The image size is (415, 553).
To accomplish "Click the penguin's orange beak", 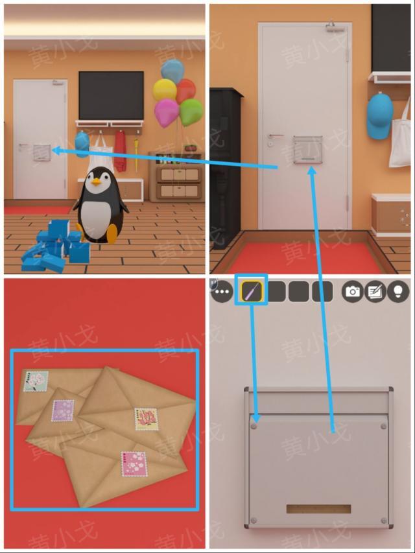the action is [95, 182].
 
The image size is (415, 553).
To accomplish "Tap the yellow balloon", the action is [165, 90].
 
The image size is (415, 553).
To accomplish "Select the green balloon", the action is [191, 112].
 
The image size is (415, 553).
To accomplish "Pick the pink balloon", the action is [167, 112].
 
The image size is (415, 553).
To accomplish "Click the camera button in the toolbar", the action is [353, 292].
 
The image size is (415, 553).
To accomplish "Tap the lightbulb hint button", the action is [398, 292].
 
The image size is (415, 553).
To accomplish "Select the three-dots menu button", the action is [222, 292].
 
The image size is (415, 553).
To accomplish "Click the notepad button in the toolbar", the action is [375, 292].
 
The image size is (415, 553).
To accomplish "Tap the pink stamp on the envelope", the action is [134, 464].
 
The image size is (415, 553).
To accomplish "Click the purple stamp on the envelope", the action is [63, 410].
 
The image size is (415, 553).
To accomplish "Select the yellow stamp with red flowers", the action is [147, 419].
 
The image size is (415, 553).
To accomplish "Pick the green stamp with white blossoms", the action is [36, 381].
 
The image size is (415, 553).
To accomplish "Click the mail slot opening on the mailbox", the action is [318, 509].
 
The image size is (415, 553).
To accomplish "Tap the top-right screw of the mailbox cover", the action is [383, 427].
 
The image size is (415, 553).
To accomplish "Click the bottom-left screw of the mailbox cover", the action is [254, 521].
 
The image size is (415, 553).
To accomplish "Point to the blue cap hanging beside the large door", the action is [380, 115].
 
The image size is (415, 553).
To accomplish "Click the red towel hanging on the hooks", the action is [121, 151].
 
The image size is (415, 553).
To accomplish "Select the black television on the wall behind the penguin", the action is [111, 95].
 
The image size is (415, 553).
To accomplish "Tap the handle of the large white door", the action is [276, 135].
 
